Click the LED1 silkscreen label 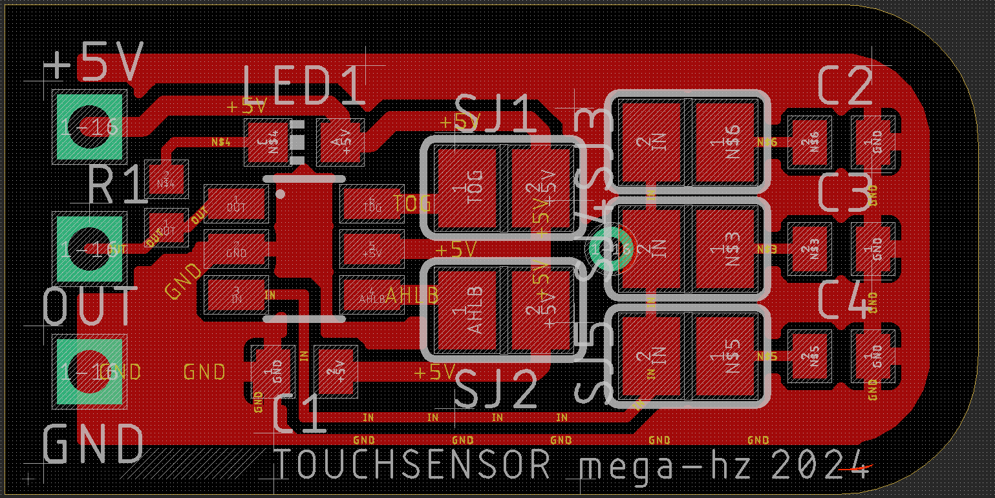(304, 86)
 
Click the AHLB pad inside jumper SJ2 (467, 311)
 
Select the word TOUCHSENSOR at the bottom (414, 464)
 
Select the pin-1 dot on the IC (281, 193)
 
